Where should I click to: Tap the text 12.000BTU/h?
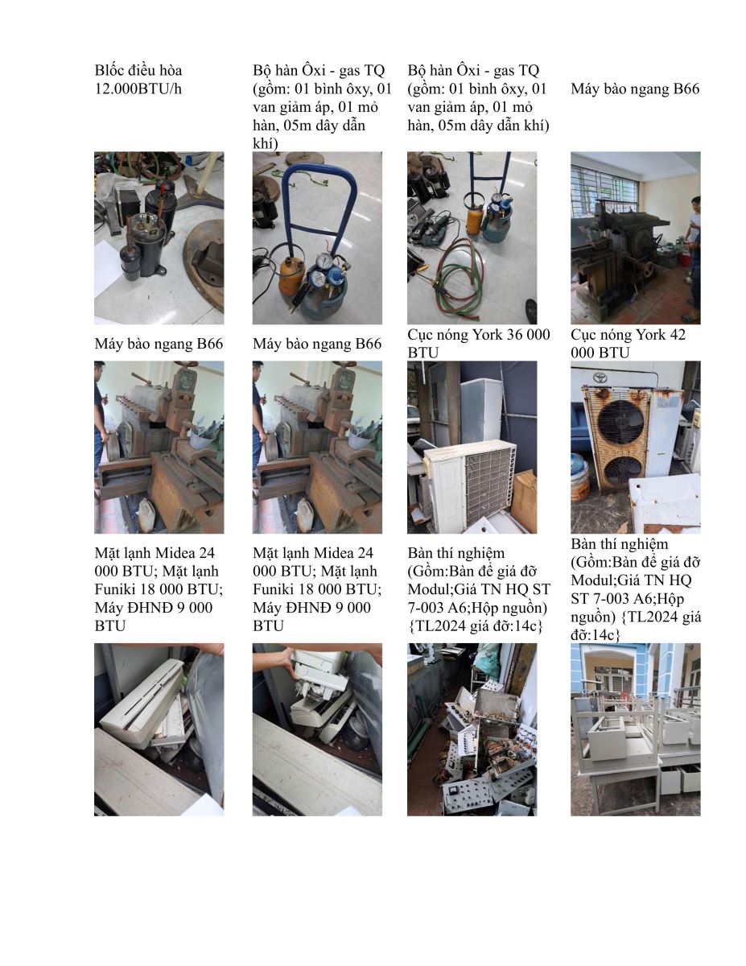(138, 89)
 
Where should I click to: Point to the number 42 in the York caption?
(676, 334)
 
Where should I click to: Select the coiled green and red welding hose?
(459, 275)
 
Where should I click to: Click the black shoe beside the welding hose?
(531, 308)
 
